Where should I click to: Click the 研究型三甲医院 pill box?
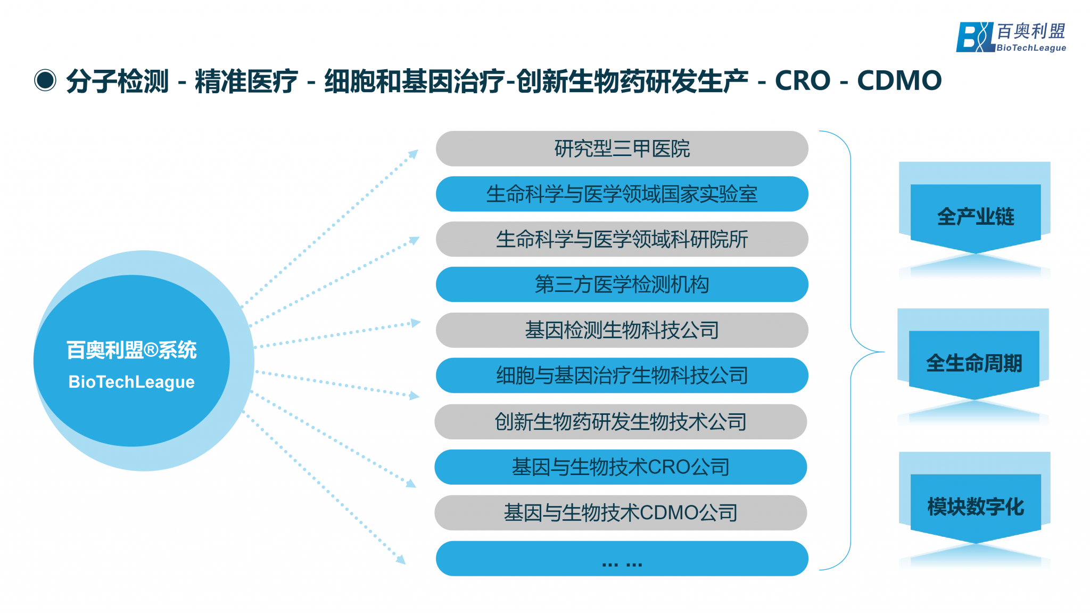click(x=622, y=149)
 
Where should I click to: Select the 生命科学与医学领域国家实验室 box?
click(x=622, y=194)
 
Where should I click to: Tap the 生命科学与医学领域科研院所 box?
click(x=622, y=239)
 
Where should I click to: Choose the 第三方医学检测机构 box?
click(x=622, y=284)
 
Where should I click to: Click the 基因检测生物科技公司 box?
click(x=622, y=330)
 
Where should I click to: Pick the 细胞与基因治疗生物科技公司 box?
click(x=622, y=375)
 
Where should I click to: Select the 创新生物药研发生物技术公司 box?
click(x=621, y=422)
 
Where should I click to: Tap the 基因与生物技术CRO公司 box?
click(x=621, y=467)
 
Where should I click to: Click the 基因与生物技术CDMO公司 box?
click(x=621, y=513)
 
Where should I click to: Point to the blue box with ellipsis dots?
click(x=622, y=559)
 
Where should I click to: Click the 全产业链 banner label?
click(x=976, y=217)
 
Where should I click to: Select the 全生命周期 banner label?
click(x=974, y=363)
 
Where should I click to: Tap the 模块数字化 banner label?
click(x=976, y=506)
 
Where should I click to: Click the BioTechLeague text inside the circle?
click(x=131, y=382)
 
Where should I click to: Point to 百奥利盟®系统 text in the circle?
click(x=131, y=350)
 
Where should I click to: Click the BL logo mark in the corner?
click(x=975, y=37)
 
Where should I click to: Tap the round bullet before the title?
click(x=45, y=80)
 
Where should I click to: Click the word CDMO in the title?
click(x=899, y=80)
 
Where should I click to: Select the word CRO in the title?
click(x=803, y=80)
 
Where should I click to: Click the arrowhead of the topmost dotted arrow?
click(x=413, y=154)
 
